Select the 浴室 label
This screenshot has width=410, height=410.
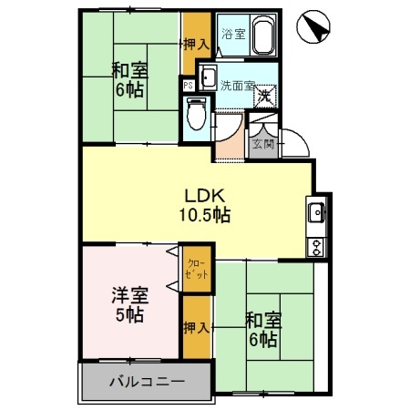click(x=233, y=35)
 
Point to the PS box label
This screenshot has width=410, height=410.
click(x=188, y=87)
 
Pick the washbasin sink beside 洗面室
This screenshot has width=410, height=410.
click(x=208, y=77)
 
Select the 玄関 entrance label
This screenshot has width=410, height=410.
click(x=262, y=143)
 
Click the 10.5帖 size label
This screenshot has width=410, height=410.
click(x=205, y=216)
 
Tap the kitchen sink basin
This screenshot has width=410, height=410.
click(x=317, y=213)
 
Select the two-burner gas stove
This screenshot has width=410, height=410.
click(x=317, y=244)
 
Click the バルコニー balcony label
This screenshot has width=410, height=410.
click(x=149, y=381)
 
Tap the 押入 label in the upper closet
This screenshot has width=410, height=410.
click(x=196, y=42)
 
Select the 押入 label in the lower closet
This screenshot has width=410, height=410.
click(x=194, y=324)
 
